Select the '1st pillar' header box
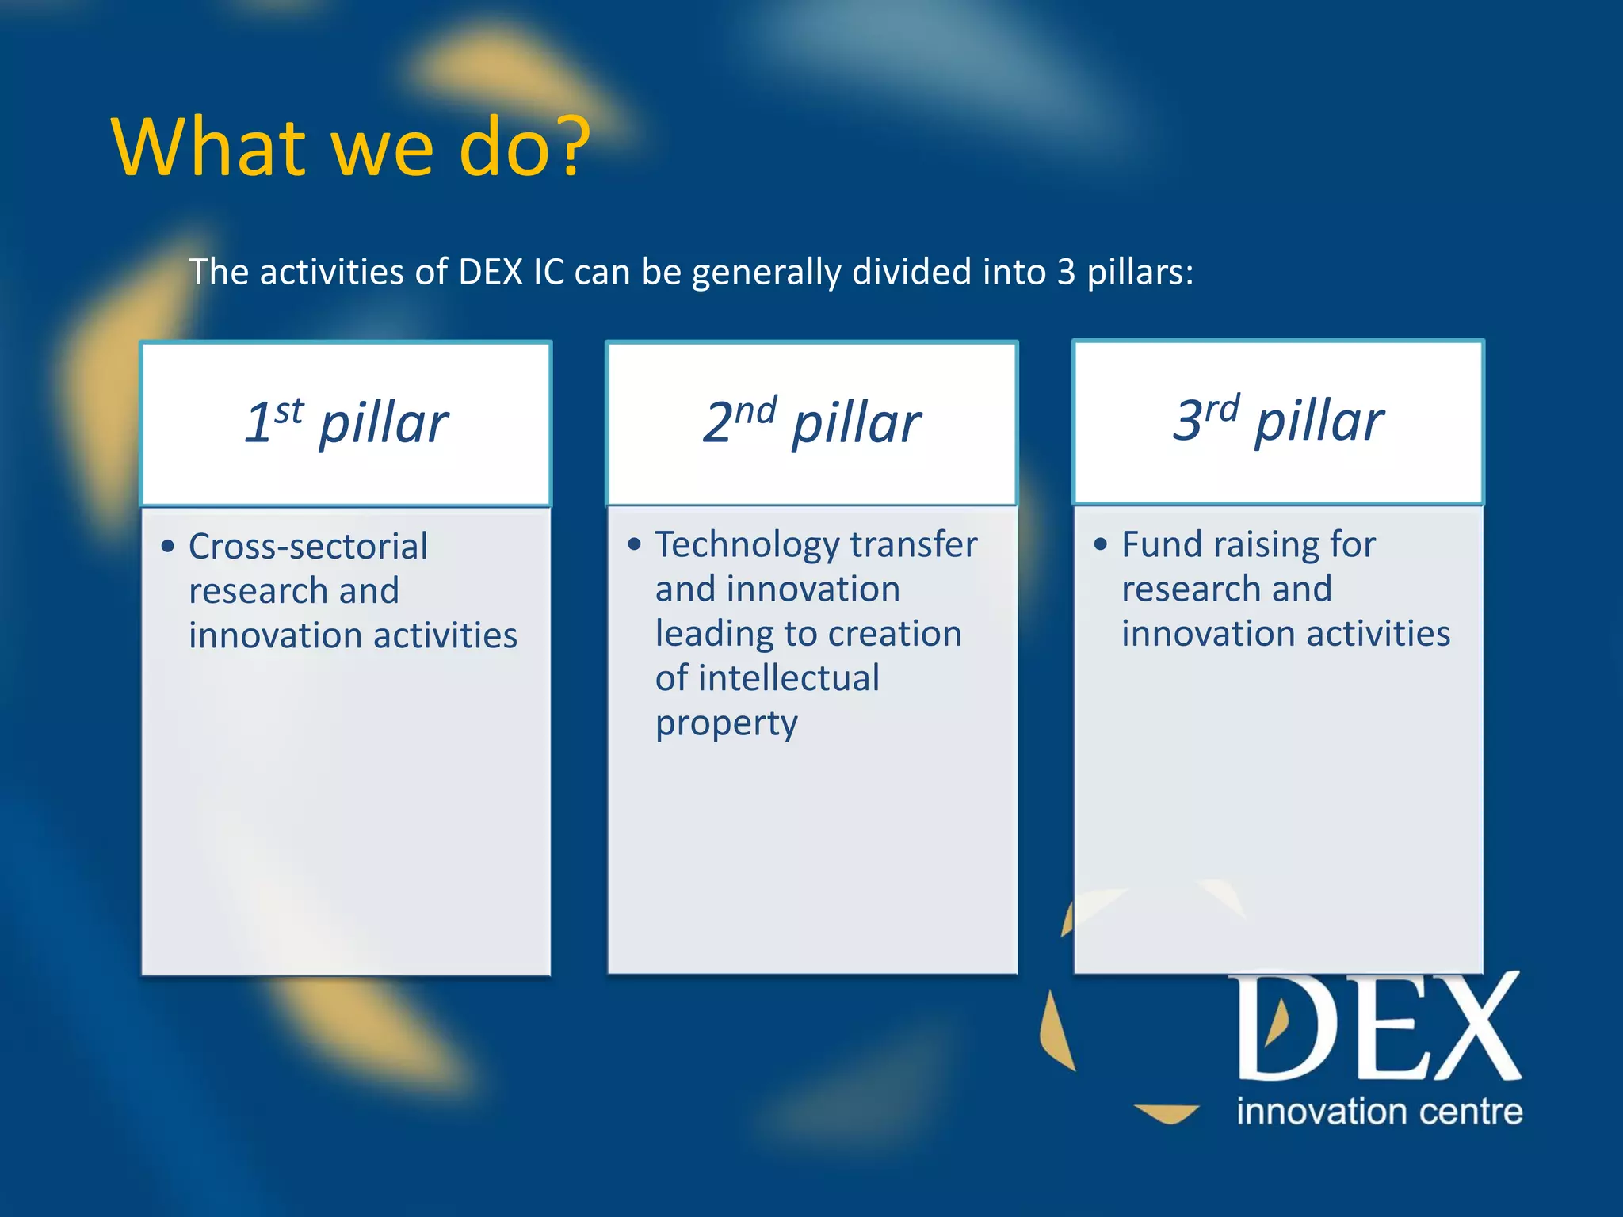(x=346, y=424)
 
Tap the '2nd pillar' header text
(x=811, y=422)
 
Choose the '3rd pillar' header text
(x=1277, y=420)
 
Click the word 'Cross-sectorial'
(x=308, y=547)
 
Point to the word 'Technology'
(x=747, y=545)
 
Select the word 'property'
(x=726, y=723)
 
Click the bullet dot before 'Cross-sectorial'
(x=167, y=547)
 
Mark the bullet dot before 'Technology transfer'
(x=634, y=544)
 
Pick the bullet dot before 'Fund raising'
(x=1100, y=544)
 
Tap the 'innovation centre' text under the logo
(x=1379, y=1112)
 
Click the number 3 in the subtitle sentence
(x=1066, y=273)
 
